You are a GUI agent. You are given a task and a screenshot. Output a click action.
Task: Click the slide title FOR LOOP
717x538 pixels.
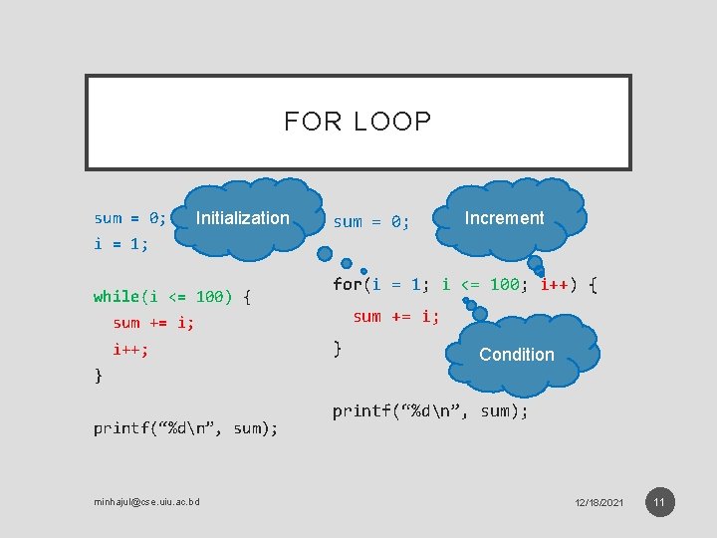tap(358, 122)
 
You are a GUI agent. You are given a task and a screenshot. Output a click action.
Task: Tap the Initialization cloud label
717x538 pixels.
tap(243, 218)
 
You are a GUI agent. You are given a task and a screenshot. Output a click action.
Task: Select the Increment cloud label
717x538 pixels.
tap(504, 218)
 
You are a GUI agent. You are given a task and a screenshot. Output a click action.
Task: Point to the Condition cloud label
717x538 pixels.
tap(516, 355)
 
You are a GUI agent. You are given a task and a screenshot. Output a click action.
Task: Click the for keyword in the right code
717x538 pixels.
tap(348, 285)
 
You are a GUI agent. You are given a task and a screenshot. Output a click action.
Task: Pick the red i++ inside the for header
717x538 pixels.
tap(559, 285)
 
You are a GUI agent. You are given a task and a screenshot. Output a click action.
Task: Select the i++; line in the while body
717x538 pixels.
tap(130, 350)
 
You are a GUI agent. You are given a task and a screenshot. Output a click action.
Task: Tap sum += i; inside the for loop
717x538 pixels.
tap(395, 317)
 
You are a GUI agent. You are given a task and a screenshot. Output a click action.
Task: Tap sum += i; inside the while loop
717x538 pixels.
tap(153, 323)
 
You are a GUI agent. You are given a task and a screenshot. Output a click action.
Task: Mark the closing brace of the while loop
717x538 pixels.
tap(98, 376)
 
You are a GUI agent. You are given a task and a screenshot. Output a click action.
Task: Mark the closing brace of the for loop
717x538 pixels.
tap(338, 348)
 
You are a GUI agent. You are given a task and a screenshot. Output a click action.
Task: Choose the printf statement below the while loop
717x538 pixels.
tap(185, 428)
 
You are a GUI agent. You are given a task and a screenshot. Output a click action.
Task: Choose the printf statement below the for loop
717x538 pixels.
tap(430, 410)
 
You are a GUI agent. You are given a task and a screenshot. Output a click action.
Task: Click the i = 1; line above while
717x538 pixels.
tap(120, 244)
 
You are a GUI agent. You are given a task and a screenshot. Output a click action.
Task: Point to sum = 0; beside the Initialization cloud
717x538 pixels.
tap(130, 218)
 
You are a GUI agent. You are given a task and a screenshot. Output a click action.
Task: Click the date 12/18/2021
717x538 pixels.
tap(599, 502)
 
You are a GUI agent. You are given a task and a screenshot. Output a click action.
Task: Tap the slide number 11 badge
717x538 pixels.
tap(659, 501)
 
